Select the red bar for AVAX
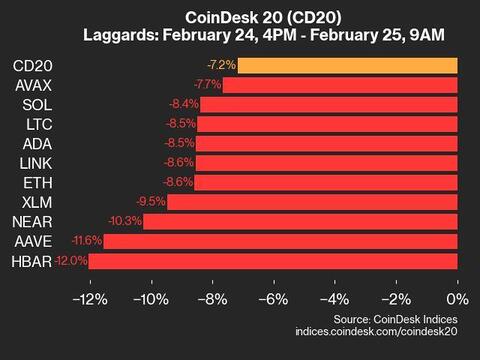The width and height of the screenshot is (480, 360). pos(340,85)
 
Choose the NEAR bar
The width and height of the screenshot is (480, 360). pos(300,222)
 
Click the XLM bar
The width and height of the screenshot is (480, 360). pos(312,202)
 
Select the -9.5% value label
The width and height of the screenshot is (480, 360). pos(150,202)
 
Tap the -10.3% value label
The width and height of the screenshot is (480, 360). pos(125,222)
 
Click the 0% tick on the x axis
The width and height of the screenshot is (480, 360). pos(457,300)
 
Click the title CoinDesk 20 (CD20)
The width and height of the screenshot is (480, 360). pos(240,17)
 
